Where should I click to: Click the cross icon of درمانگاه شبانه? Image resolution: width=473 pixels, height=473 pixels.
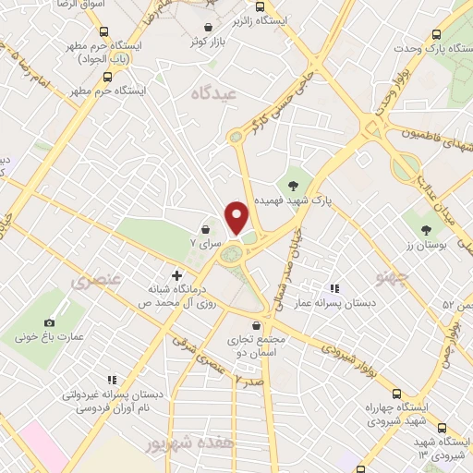[176, 274]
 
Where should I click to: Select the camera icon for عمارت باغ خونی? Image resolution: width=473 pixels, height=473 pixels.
[49, 322]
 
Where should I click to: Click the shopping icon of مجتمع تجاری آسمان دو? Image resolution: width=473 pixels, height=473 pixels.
[267, 325]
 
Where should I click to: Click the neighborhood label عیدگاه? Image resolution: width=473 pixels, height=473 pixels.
[214, 93]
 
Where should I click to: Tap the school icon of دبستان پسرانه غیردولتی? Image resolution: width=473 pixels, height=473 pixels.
[113, 380]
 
